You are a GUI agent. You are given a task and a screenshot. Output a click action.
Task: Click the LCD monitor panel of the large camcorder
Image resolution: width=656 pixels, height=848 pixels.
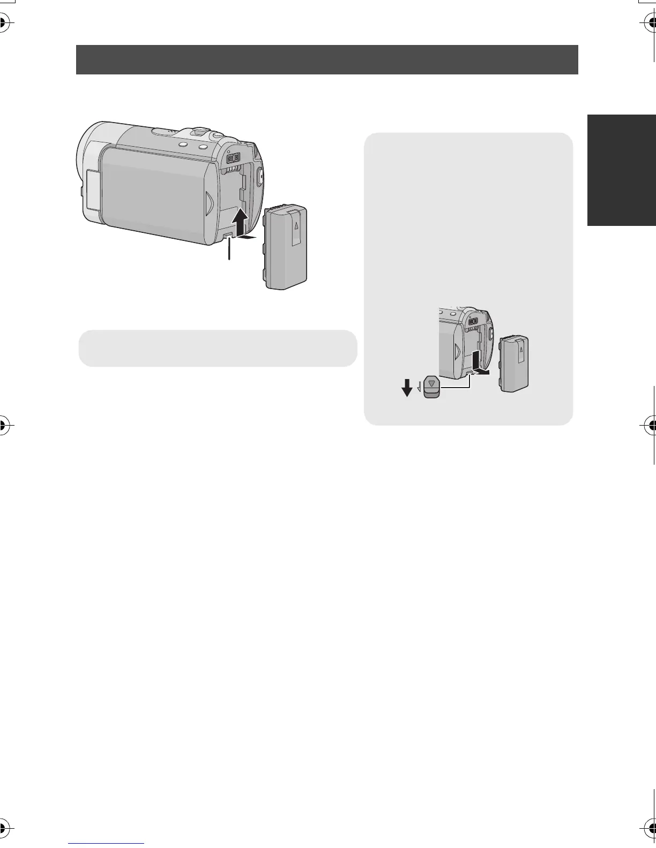(155, 193)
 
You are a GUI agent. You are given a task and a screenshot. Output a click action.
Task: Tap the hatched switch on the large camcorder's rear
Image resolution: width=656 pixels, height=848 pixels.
(232, 159)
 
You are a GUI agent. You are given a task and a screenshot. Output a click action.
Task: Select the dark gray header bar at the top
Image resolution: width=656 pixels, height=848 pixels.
(327, 59)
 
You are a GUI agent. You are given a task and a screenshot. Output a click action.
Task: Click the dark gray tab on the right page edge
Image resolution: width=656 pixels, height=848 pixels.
(622, 170)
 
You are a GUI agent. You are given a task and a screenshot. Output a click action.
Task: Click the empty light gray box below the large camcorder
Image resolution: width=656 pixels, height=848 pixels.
(218, 348)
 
